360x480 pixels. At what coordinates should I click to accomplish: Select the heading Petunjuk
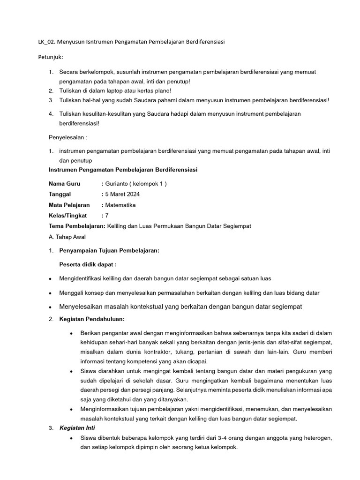tap(50, 57)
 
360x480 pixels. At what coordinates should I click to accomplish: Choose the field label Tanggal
tap(60, 194)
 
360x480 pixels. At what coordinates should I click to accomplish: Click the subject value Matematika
tap(120, 205)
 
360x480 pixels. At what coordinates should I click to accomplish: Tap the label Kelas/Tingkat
tap(68, 216)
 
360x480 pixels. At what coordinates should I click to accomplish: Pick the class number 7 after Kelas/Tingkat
tap(107, 216)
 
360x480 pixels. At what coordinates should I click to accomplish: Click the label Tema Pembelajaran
tap(77, 226)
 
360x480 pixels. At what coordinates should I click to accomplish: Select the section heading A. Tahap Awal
tap(67, 237)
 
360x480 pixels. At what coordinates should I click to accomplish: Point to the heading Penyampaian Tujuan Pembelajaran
tap(109, 251)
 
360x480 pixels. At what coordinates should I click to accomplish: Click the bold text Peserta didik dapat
tap(88, 264)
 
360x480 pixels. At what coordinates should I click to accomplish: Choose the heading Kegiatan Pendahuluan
tap(92, 319)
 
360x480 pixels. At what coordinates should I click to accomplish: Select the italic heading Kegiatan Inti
tap(77, 428)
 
